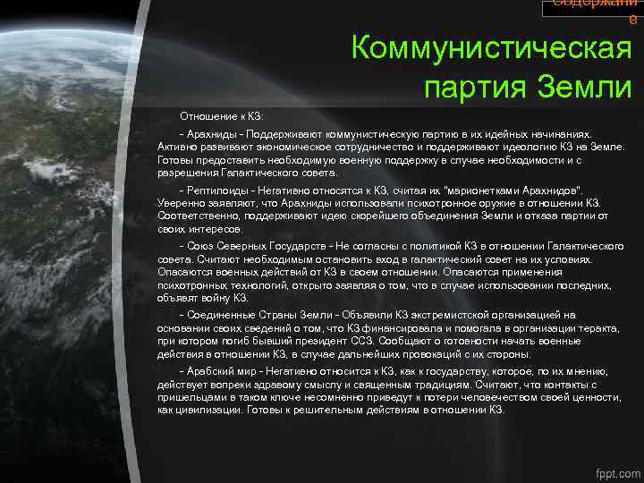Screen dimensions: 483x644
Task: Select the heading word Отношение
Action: pos(207,116)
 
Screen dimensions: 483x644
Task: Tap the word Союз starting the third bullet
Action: pos(198,245)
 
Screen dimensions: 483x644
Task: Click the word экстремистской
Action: pos(427,315)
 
